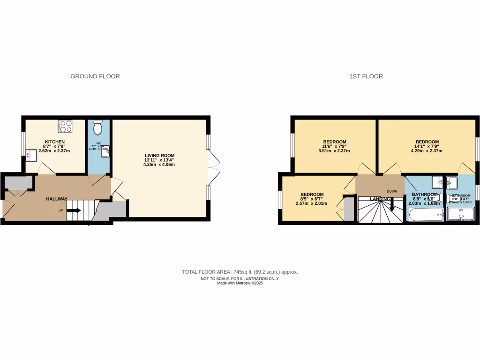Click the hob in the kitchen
point(65,127)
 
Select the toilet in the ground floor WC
point(98,127)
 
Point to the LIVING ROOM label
point(159,155)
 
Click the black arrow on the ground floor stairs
point(74,210)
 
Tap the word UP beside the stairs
point(60,210)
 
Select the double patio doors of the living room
point(213,168)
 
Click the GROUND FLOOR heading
point(95,76)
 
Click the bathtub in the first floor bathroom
point(426,215)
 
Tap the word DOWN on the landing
point(392,191)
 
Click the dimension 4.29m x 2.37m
point(427,151)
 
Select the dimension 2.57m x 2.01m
point(312,203)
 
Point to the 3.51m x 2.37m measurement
point(334,151)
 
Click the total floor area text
point(240,272)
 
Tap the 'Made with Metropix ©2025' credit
point(240,283)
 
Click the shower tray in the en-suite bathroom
point(461,214)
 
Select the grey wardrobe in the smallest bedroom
point(349,209)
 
